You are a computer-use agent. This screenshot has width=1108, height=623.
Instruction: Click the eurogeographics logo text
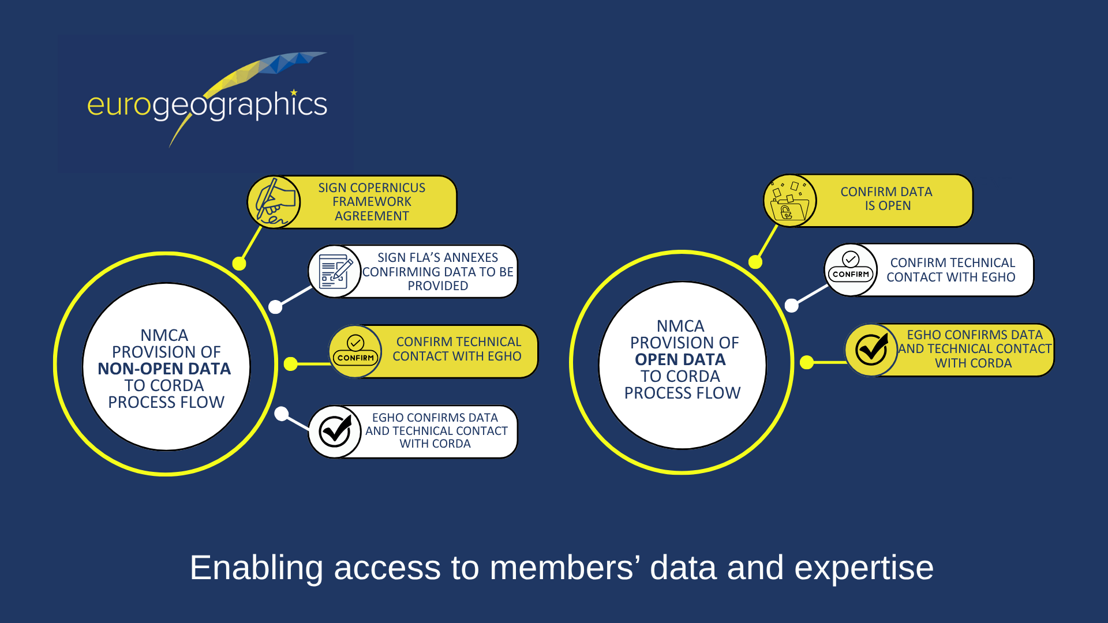pyautogui.click(x=207, y=106)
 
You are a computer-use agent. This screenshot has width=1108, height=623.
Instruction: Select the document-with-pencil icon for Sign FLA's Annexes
pyautogui.click(x=335, y=272)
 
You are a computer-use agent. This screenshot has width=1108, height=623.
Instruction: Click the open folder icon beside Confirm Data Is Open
pyautogui.click(x=789, y=201)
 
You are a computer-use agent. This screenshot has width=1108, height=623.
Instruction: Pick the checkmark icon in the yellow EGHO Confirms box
pyautogui.click(x=871, y=350)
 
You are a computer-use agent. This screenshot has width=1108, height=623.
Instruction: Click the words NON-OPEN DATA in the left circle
pyautogui.click(x=164, y=369)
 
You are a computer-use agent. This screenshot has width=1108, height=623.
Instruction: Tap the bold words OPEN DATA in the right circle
pyautogui.click(x=680, y=359)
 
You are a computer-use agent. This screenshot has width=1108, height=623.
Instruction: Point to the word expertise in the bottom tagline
pyautogui.click(x=864, y=568)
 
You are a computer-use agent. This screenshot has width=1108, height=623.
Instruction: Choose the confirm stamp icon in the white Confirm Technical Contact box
pyautogui.click(x=851, y=268)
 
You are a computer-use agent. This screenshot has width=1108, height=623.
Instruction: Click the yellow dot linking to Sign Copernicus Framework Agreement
pyautogui.click(x=239, y=264)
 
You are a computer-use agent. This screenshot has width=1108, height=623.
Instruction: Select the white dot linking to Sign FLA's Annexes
pyautogui.click(x=276, y=307)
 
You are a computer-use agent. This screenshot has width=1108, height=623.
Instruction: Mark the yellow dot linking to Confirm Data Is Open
pyautogui.click(x=755, y=262)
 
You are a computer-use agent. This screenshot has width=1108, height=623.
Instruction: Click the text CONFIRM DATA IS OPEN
pyautogui.click(x=886, y=198)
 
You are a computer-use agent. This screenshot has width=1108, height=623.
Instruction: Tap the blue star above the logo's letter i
pyautogui.click(x=294, y=92)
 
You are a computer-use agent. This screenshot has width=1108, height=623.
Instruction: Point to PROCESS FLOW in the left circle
pyautogui.click(x=166, y=402)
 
